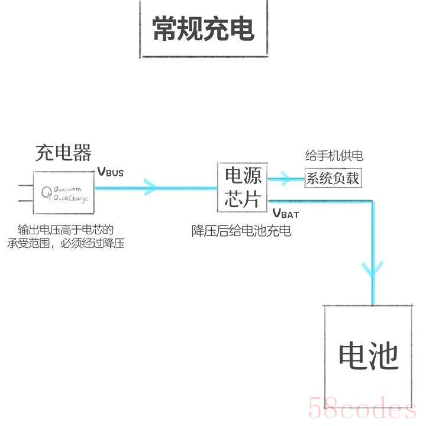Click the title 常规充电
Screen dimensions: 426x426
click(x=203, y=29)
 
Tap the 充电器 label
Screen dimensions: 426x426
click(x=63, y=153)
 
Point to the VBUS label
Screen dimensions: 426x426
click(x=111, y=173)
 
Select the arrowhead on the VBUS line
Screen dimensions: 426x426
click(x=150, y=188)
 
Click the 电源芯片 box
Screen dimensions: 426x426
click(x=243, y=187)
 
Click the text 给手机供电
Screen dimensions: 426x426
click(x=334, y=156)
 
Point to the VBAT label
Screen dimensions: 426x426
click(x=286, y=214)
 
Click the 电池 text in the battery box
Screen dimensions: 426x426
click(x=368, y=356)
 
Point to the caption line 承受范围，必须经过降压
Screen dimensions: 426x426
click(x=66, y=243)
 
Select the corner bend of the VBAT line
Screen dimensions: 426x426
click(x=372, y=202)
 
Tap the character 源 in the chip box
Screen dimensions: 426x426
click(x=252, y=176)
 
